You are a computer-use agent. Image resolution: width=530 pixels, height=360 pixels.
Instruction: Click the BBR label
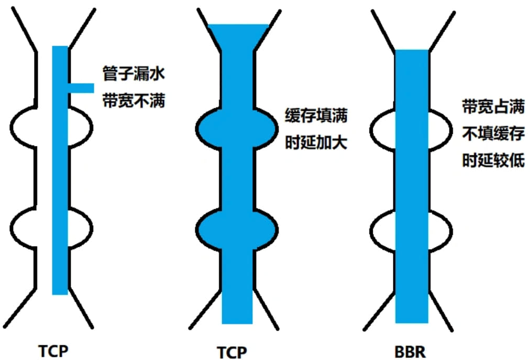[412, 350]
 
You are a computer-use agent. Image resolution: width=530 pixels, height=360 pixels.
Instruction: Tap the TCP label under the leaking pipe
[53, 350]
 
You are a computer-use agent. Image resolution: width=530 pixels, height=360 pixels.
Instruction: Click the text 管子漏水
[134, 74]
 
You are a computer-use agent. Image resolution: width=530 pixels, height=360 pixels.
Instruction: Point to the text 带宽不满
[134, 100]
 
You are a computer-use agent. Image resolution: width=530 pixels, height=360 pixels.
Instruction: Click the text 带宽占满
[493, 107]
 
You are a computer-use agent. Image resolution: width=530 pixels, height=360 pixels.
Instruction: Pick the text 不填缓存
[493, 134]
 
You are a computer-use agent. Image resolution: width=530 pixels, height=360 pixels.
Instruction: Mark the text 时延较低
[493, 161]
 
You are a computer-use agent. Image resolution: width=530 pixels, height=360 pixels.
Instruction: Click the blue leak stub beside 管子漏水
[81, 88]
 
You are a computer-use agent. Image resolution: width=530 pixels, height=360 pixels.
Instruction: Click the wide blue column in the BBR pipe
[412, 183]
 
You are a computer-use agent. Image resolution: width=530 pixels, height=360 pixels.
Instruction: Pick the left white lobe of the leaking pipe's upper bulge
[31, 126]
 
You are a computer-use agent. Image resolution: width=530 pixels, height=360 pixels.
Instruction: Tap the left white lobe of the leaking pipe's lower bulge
[31, 227]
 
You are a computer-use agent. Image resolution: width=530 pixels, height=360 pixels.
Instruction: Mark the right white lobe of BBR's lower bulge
[440, 227]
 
